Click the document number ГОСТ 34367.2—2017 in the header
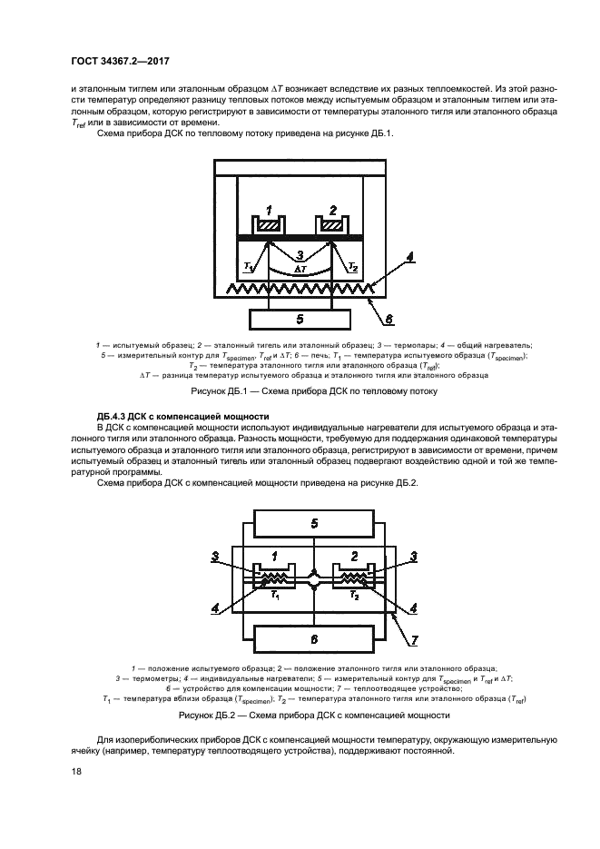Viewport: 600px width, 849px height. pos(120,61)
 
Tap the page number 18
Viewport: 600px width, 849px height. pos(76,772)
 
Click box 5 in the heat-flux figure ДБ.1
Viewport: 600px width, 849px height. pos(300,319)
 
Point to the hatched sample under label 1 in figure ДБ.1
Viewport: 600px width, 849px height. pos(268,224)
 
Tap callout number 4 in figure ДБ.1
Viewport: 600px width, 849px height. pos(409,257)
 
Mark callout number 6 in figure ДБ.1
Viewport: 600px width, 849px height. pos(389,319)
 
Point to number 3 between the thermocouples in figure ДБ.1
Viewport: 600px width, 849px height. pos(300,254)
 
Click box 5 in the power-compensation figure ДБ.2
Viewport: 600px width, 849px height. pos(314,523)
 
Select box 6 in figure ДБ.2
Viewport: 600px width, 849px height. pos(314,638)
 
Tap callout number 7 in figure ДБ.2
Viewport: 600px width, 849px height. pos(414,639)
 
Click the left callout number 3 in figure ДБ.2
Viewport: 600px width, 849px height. pos(215,556)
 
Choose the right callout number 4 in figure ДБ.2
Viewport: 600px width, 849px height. pos(414,607)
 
